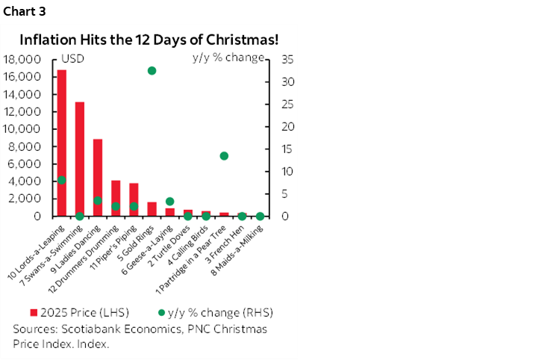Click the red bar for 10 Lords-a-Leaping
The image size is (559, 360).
(62, 143)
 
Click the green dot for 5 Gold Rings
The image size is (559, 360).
(152, 71)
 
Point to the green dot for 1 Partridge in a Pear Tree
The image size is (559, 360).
(224, 156)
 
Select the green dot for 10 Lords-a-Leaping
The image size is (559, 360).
(62, 180)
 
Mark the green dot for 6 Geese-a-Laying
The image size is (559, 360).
(169, 202)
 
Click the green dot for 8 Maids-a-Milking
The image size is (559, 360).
(260, 217)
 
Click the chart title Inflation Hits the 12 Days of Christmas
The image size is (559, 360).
(149, 39)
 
